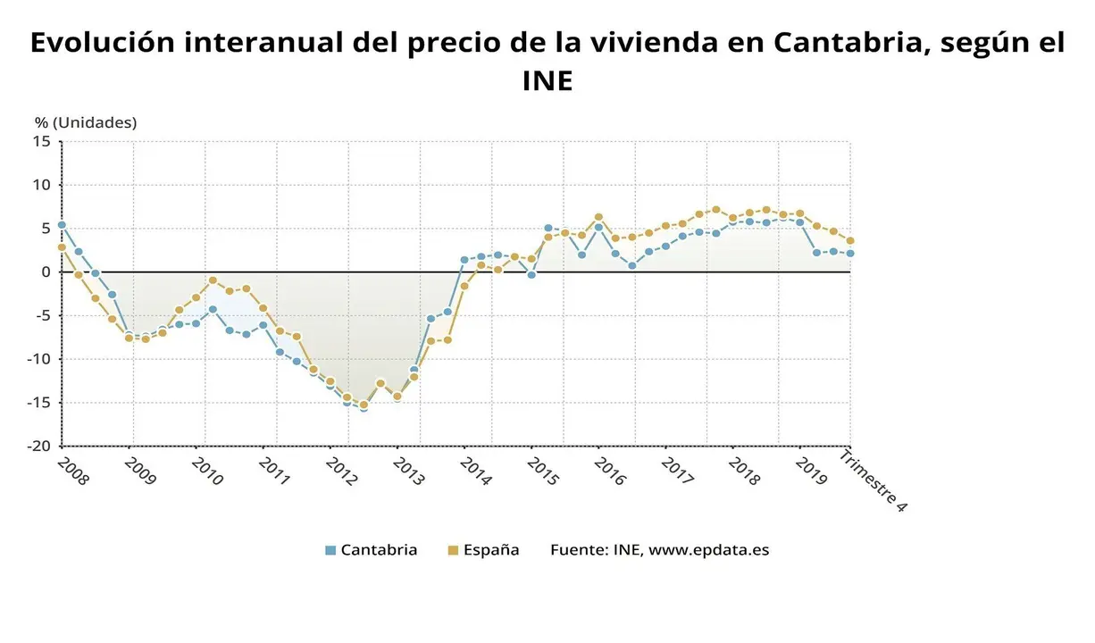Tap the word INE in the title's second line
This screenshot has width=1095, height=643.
point(547,81)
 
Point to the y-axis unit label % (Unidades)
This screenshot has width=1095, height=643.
point(86,122)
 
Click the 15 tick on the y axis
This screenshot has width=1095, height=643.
point(42,141)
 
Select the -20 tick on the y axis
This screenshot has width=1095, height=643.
point(38,446)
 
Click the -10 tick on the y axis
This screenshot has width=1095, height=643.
point(38,359)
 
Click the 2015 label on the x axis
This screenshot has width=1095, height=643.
point(541,471)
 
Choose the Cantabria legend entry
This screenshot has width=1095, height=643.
point(371,550)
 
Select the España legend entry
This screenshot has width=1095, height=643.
point(483,550)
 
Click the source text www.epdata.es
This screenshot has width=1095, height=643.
point(708,550)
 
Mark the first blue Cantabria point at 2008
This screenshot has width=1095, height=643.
point(62,225)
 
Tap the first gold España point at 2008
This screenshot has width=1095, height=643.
point(62,247)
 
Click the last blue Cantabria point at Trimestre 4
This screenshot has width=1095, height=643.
point(849,254)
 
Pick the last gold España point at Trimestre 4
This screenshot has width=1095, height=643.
point(849,240)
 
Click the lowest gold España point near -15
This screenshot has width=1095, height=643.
point(364,405)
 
